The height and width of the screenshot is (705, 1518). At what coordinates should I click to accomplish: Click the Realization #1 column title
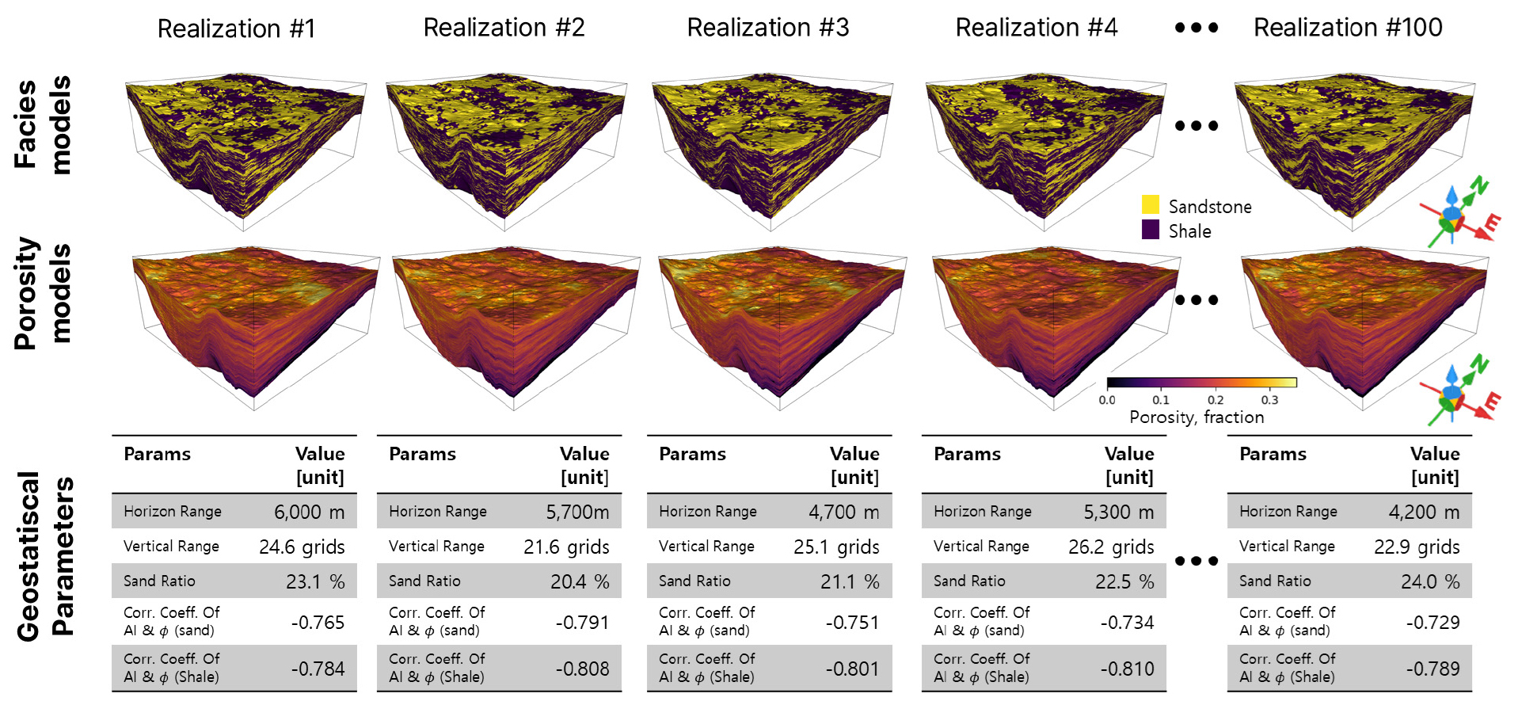click(x=236, y=29)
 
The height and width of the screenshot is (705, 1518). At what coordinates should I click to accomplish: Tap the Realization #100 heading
click(x=1347, y=28)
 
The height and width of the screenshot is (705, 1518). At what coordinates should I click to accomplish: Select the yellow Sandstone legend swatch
click(x=1150, y=204)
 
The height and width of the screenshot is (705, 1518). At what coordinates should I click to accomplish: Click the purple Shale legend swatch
click(x=1150, y=230)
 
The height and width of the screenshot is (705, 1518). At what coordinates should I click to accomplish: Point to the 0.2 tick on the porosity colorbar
click(x=1216, y=399)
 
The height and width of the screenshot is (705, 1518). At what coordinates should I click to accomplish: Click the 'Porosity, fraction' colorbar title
click(x=1196, y=417)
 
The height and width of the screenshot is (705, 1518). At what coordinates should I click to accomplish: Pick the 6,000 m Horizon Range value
click(x=309, y=512)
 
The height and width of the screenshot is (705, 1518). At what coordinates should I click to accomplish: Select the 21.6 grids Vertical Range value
click(x=565, y=547)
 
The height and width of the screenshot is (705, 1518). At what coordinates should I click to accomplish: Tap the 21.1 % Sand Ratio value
click(x=849, y=581)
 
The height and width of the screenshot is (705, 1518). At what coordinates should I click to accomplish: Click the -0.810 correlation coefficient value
click(x=1126, y=669)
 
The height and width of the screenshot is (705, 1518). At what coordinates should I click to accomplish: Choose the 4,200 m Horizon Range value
click(x=1423, y=512)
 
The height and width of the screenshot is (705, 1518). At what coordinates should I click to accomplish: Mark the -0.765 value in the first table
click(x=317, y=622)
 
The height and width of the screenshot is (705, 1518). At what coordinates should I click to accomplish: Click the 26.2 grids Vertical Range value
click(x=1110, y=547)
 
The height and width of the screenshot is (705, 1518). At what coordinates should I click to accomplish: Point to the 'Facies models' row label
click(x=43, y=124)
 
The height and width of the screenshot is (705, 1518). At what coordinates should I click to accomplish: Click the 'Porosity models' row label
click(x=43, y=293)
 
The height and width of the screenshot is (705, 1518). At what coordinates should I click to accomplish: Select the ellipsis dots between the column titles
click(x=1196, y=28)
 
